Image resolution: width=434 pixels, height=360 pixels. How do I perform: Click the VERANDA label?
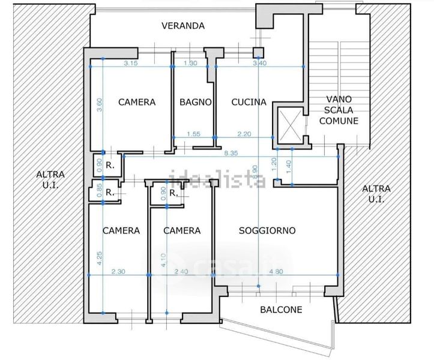coord(183,26)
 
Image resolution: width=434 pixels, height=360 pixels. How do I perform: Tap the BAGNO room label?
coord(196,102)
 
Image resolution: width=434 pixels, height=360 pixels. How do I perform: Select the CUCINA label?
coord(249,102)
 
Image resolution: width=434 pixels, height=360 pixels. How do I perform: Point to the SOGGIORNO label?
coord(267,230)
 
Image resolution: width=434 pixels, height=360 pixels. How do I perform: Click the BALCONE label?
coord(281,310)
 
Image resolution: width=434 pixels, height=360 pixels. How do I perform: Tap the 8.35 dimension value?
coord(231,153)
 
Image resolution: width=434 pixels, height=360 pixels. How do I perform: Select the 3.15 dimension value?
coord(131,63)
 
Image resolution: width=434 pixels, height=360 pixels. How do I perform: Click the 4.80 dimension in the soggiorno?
coord(276,271)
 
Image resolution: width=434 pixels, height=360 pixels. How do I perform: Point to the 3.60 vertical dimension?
coord(100,105)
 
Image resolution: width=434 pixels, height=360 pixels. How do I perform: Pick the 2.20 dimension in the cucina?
coord(244,134)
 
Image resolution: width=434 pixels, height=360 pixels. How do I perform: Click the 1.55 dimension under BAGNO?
coord(193,134)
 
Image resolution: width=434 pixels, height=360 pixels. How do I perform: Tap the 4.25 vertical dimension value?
coord(100,258)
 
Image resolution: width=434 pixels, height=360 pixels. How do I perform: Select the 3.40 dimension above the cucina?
coord(260,63)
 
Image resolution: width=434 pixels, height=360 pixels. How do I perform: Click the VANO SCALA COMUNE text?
coord(339,110)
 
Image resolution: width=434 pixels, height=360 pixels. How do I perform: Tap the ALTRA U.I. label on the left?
coord(50,179)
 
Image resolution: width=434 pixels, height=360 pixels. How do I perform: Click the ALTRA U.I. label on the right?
coord(376,194)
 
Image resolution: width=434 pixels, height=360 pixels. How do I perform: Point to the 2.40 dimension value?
coord(181,271)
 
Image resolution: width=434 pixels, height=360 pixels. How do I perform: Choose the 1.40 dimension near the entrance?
coord(288,167)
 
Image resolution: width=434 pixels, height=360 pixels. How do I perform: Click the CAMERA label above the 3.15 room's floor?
coord(137,102)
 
